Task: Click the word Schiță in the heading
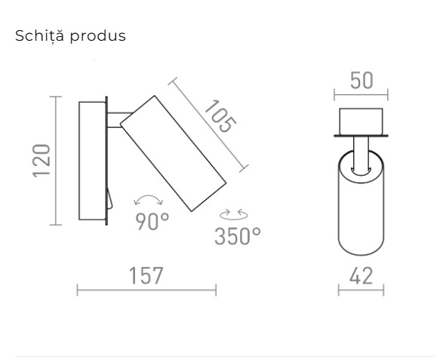(37, 36)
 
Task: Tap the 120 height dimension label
(42, 159)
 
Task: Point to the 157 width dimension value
(146, 275)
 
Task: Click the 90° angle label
(152, 222)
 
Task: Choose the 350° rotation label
(237, 235)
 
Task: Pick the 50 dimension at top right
(362, 81)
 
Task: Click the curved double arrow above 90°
(148, 200)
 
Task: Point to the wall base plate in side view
(92, 160)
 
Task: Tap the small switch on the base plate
(109, 199)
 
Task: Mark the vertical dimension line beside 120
(54, 160)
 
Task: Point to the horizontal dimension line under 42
(361, 290)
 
